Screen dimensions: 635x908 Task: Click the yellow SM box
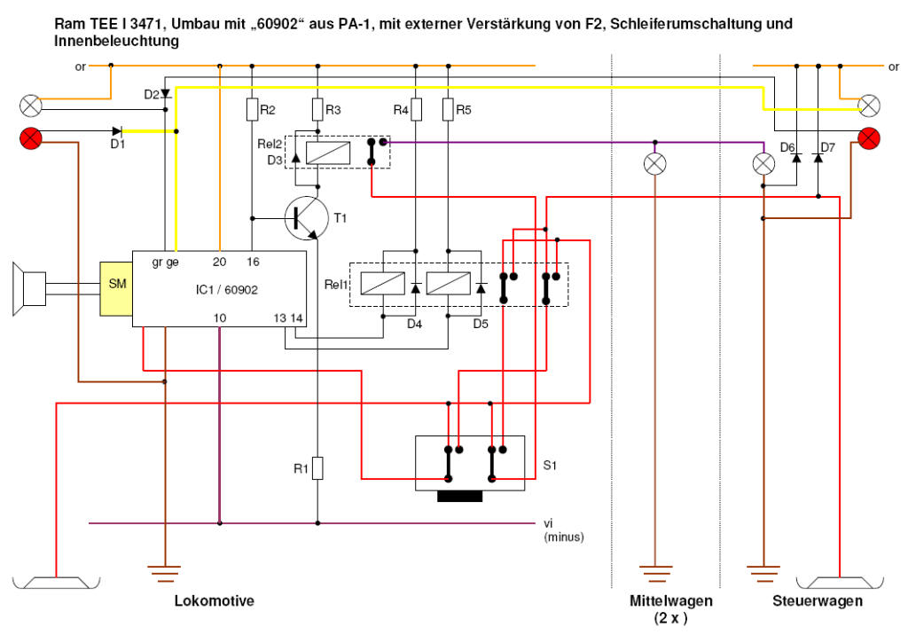(116, 284)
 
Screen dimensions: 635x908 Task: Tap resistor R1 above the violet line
(318, 468)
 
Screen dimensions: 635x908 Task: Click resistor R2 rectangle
(253, 110)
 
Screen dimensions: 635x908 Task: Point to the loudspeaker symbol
(28, 287)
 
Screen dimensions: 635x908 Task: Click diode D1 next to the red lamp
(115, 131)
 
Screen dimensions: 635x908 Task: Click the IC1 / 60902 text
(227, 289)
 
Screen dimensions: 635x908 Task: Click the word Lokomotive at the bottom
(215, 600)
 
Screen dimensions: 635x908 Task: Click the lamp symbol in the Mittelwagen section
(655, 163)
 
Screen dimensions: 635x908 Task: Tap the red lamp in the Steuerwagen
(870, 137)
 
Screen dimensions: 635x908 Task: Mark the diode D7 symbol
(818, 158)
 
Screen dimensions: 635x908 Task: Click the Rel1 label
(337, 286)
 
